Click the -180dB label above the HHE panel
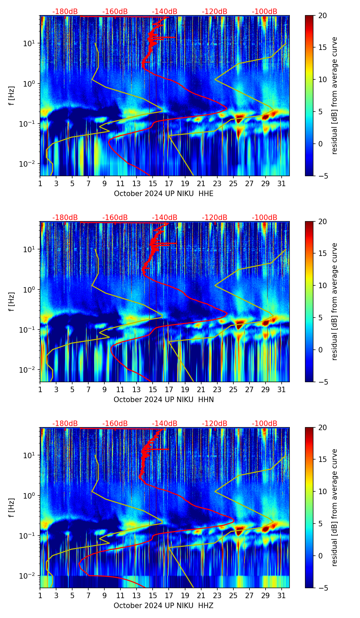point(65,12)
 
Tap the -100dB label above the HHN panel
point(265,218)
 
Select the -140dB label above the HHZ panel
point(165,424)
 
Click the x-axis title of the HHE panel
point(164,194)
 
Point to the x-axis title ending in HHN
point(164,400)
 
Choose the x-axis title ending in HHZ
point(164,606)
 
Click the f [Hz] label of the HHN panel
point(12,301)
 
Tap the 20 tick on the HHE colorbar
point(323,16)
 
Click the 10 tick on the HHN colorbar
point(323,285)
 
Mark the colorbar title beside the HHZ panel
point(334,507)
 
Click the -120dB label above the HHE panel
point(215,12)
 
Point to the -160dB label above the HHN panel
point(115,218)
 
